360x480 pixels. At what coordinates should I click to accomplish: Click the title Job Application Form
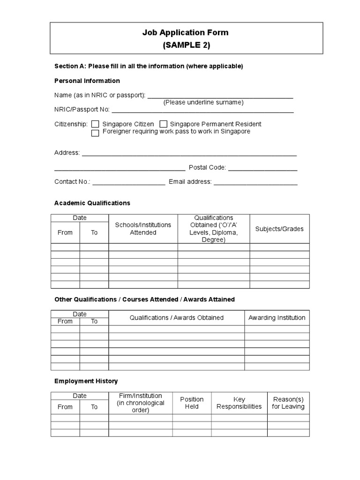point(186,33)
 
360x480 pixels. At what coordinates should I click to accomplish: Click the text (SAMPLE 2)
point(186,45)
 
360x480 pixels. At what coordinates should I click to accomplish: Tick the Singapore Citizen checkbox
point(95,124)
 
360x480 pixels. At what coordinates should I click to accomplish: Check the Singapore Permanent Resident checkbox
point(164,124)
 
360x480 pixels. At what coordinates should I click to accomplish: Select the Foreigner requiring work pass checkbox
point(95,133)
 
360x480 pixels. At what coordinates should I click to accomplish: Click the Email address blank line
point(255,182)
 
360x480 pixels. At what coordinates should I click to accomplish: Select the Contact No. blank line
point(129,182)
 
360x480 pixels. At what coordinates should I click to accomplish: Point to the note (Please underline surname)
point(203,102)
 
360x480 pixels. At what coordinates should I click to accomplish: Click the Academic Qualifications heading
point(92,203)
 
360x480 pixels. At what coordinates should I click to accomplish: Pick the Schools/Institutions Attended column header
point(143,229)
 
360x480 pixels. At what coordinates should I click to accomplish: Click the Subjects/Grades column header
point(279,229)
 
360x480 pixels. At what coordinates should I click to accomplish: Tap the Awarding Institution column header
point(277,317)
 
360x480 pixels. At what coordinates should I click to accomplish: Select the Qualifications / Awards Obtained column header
point(177,317)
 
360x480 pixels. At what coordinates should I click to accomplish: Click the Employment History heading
point(86,381)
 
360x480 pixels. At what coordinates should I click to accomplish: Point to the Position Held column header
point(192,403)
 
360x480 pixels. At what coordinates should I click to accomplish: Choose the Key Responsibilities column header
point(239,403)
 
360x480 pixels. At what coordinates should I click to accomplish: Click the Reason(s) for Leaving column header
point(288,403)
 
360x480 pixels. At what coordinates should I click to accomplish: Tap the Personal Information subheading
point(87,81)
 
